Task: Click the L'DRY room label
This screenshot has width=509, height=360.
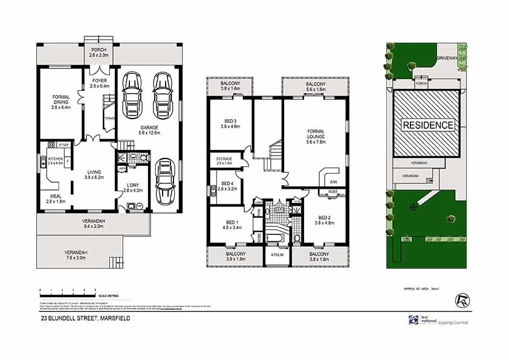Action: tap(132, 188)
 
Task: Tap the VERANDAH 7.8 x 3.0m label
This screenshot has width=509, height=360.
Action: tap(76, 255)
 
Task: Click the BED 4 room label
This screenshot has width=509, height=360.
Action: tap(227, 186)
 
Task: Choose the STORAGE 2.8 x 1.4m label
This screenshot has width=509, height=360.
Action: tap(224, 161)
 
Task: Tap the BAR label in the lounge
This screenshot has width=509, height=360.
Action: tap(332, 180)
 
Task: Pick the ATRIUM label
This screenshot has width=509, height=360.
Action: tap(277, 255)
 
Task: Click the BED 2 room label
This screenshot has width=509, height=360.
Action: tap(324, 220)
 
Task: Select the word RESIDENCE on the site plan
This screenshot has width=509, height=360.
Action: tap(428, 125)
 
